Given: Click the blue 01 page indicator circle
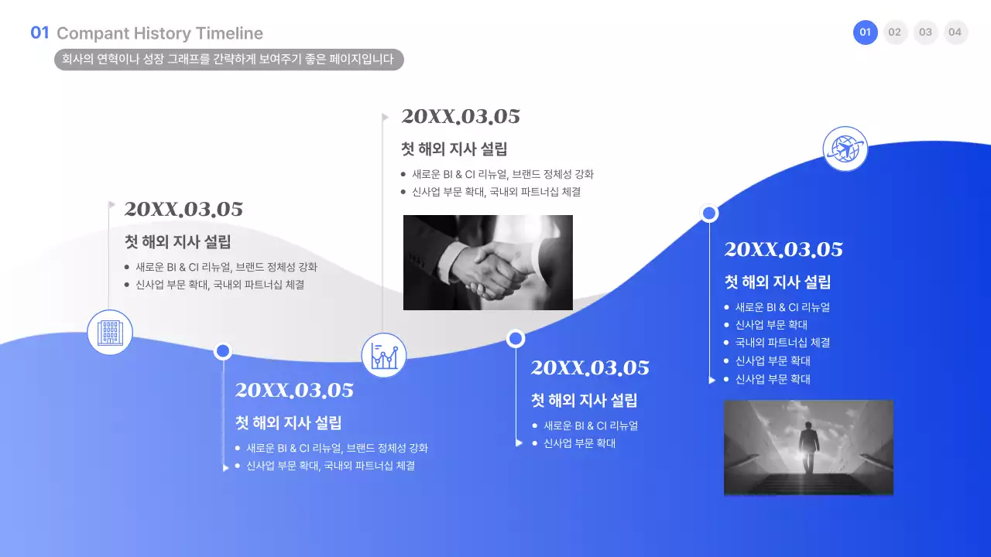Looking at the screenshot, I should point(866,32).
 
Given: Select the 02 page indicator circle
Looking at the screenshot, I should point(895,32).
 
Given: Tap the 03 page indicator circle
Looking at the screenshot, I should point(925,32).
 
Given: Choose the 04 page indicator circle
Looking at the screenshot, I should point(955,32).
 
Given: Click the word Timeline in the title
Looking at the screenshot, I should point(229,33).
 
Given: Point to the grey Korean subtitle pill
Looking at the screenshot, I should point(228,59).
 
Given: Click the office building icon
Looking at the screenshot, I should point(110,333).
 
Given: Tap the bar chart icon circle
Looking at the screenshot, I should point(384,356).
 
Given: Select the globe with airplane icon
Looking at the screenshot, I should point(845,148).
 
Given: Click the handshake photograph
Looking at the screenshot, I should point(488,263).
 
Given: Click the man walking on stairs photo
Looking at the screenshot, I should point(808,448).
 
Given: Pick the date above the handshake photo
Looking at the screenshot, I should point(461,117).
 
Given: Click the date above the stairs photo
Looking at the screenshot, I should point(784,250).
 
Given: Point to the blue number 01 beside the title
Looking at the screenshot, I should point(39,32).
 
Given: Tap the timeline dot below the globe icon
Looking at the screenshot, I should point(708,214).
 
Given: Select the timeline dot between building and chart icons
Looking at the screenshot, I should point(223,351).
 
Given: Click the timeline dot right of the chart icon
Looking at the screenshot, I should point(516,339).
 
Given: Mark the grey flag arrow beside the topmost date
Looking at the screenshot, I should point(385,117).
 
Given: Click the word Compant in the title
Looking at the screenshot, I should point(92,33).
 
